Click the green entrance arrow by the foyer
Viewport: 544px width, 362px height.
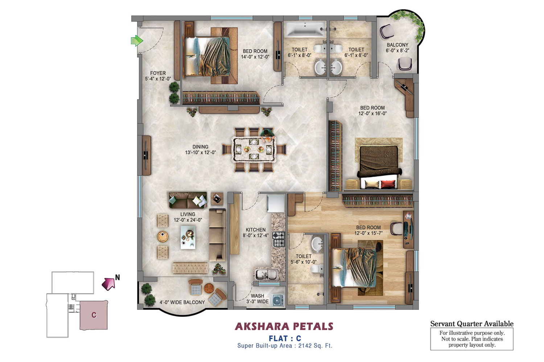point(137,41)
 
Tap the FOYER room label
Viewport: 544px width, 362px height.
point(158,73)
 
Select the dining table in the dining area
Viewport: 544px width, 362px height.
point(254,150)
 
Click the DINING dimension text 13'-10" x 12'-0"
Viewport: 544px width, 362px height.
point(200,152)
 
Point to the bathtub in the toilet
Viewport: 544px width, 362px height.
point(305,29)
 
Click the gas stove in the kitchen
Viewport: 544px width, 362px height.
point(279,239)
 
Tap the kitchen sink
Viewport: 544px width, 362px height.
point(266,274)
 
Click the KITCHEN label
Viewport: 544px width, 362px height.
point(255,230)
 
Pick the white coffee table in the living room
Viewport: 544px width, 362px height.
point(188,237)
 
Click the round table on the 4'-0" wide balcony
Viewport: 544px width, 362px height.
point(209,288)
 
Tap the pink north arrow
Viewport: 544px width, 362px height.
point(108,284)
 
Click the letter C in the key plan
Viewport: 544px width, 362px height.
point(94,315)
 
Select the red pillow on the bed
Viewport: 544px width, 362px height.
point(388,184)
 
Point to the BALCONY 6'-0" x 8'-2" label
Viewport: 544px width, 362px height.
point(397,47)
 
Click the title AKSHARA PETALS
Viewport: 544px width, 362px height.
point(284,327)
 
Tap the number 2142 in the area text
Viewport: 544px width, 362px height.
point(305,345)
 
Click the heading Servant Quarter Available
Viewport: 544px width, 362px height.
point(472,324)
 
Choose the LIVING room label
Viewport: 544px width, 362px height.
point(188,214)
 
